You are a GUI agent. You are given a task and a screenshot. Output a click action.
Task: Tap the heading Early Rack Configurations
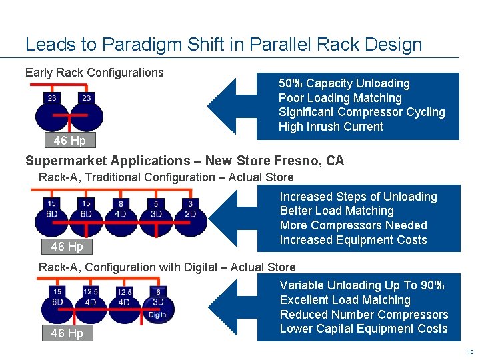pyautogui.click(x=94, y=73)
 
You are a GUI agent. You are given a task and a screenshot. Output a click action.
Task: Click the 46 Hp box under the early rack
pyautogui.click(x=69, y=140)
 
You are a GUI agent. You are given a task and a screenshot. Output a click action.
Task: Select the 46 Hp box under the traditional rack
pyautogui.click(x=67, y=247)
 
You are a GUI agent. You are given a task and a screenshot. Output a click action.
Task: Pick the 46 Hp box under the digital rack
pyautogui.click(x=67, y=333)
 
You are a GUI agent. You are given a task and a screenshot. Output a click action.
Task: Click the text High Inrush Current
pyautogui.click(x=331, y=127)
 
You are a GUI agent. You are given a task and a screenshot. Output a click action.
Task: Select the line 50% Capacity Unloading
pyautogui.click(x=344, y=83)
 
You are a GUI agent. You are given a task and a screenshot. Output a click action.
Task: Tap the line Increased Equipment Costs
pyautogui.click(x=353, y=240)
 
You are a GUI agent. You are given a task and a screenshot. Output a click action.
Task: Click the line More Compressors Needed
pyautogui.click(x=353, y=225)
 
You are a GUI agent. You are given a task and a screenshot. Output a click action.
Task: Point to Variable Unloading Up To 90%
pyautogui.click(x=362, y=285)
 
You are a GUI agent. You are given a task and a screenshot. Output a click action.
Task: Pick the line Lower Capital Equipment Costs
pyautogui.click(x=364, y=329)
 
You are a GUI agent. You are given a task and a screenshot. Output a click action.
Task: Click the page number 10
pyautogui.click(x=469, y=352)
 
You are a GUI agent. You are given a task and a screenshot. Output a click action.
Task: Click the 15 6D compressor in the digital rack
pyautogui.click(x=57, y=304)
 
